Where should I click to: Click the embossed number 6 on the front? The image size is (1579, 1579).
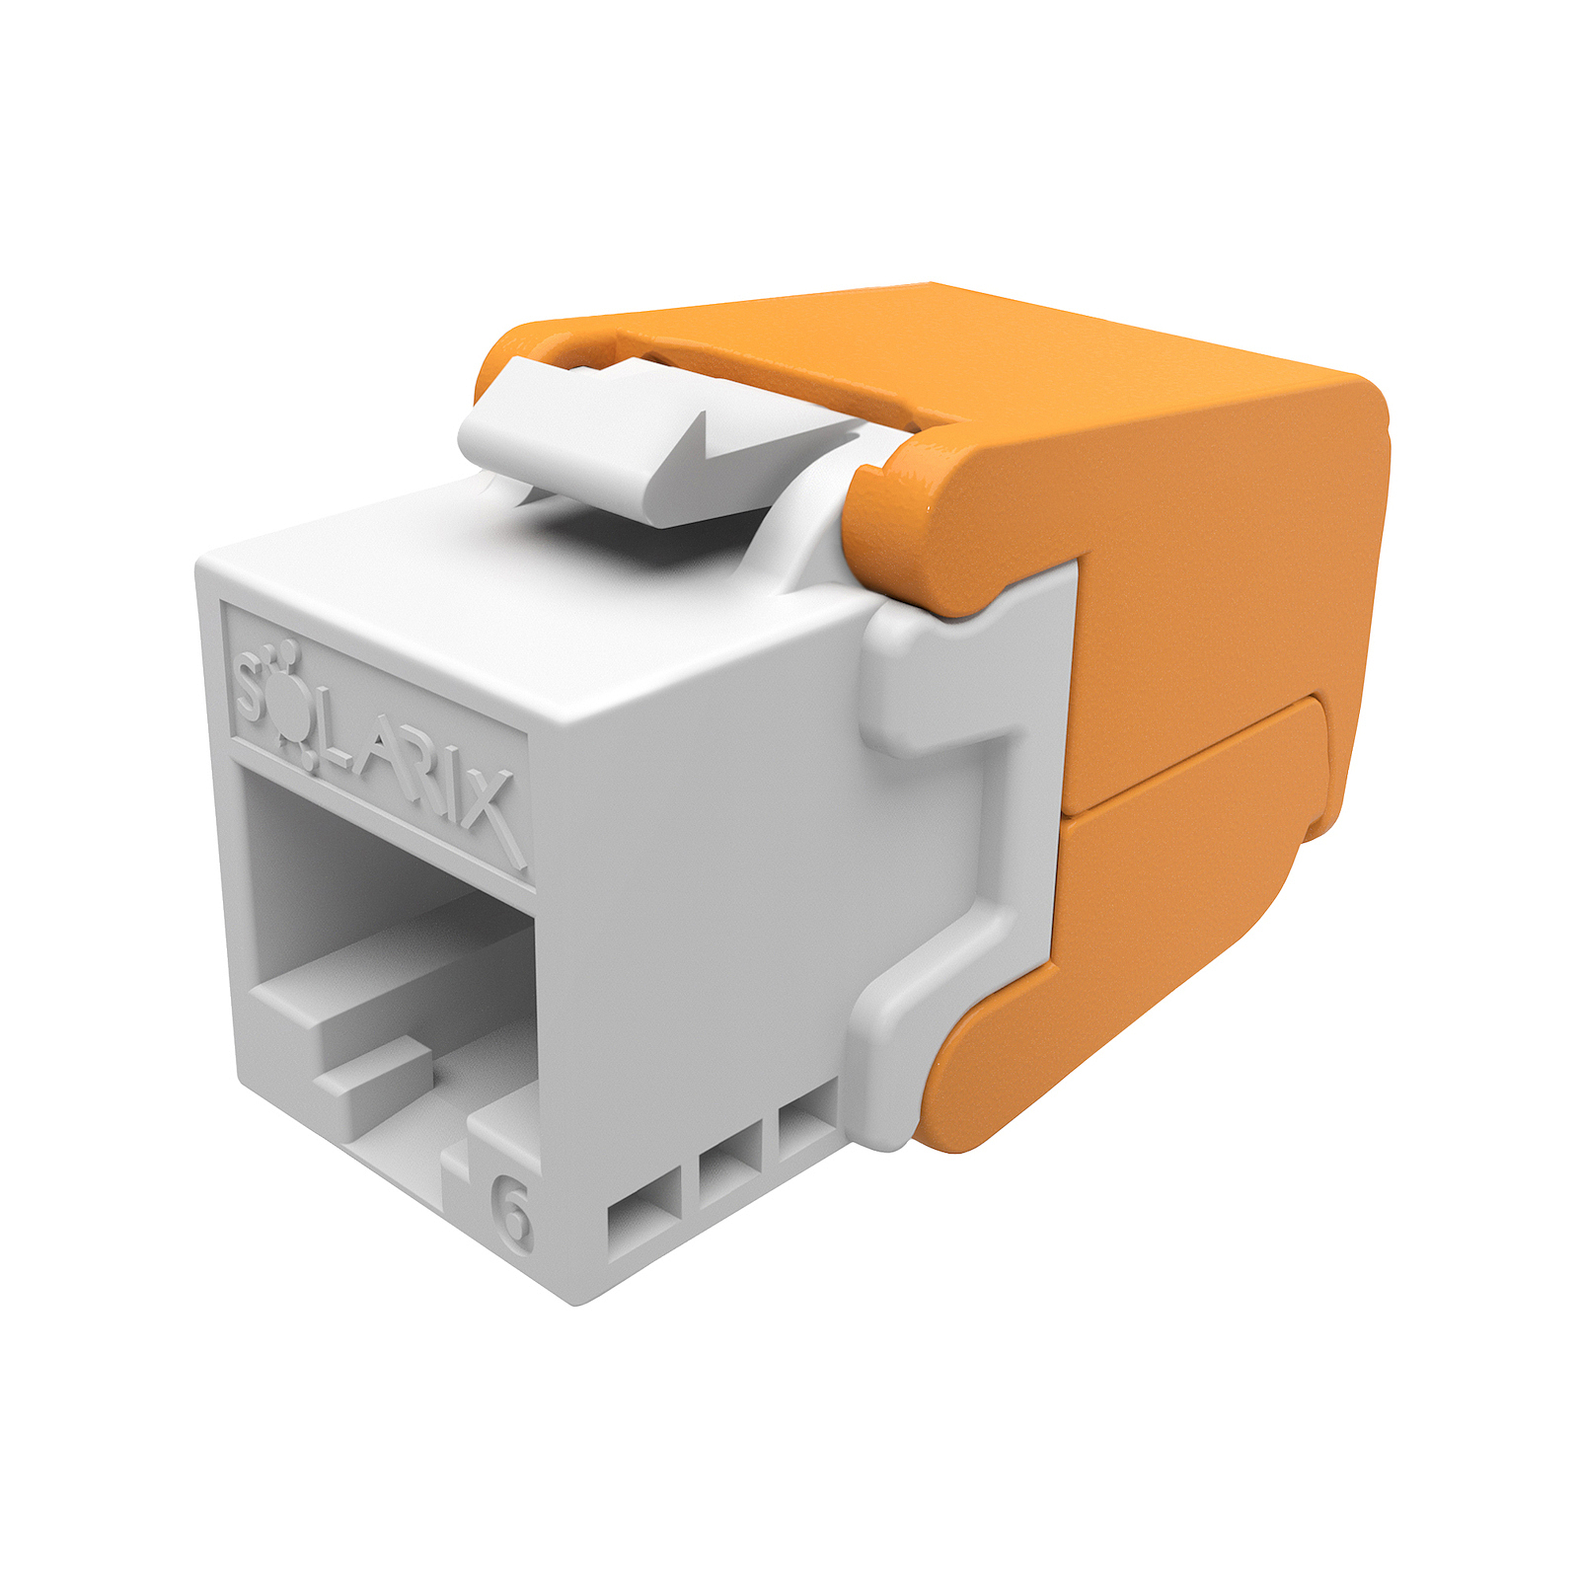coord(512,1213)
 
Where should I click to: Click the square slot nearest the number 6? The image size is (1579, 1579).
coord(643,1224)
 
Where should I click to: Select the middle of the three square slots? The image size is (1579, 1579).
coord(730,1175)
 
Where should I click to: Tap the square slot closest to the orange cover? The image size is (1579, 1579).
coord(807,1132)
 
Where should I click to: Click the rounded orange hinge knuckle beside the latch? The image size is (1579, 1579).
coord(918,523)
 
